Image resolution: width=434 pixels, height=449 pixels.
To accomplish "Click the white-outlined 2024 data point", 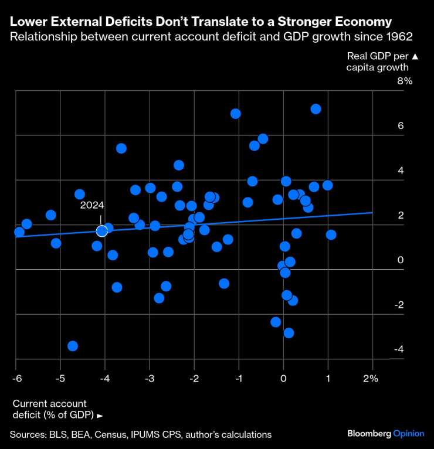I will (102, 231).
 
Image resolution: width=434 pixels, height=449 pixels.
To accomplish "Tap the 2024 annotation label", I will (92, 205).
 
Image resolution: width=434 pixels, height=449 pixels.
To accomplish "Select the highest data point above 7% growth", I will (316, 109).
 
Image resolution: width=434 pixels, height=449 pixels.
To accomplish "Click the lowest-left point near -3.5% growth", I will (73, 346).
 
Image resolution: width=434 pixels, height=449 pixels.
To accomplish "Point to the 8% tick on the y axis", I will (405, 81).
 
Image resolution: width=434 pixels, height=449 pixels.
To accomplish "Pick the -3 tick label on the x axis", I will (150, 378).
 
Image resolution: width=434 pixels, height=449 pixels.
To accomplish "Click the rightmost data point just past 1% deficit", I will (331, 234).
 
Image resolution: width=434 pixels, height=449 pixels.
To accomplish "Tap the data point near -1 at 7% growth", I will (236, 114).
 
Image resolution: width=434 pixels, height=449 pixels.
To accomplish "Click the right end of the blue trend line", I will (372, 213).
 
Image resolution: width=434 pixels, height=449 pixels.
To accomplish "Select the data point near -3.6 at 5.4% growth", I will (121, 148).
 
